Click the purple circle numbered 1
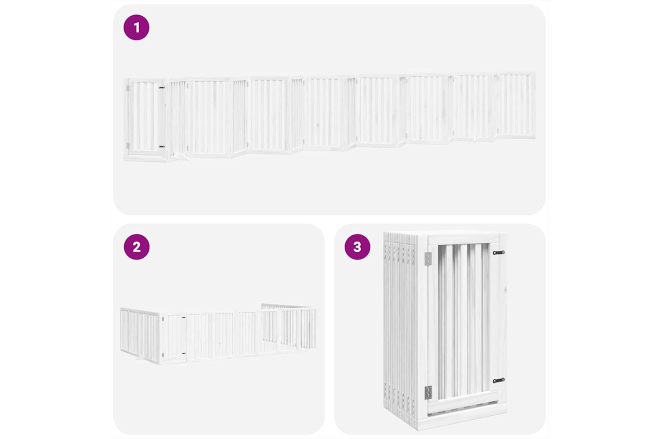pos(137,27)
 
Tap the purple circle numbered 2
pos(137,247)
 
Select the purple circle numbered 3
pos(357,247)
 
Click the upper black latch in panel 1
pos(162,87)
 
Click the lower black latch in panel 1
pos(162,146)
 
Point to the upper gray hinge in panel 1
pos(128,88)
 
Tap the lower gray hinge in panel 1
pos(128,145)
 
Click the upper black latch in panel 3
pos(499,252)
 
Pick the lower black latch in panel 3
pos(499,381)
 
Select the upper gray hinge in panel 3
pos(428,259)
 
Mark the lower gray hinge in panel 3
pos(428,392)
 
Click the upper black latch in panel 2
pos(184,317)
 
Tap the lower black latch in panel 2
pos(184,353)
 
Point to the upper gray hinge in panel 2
pos(163,318)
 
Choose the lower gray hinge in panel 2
pos(163,355)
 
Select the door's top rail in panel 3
pos(463,240)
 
